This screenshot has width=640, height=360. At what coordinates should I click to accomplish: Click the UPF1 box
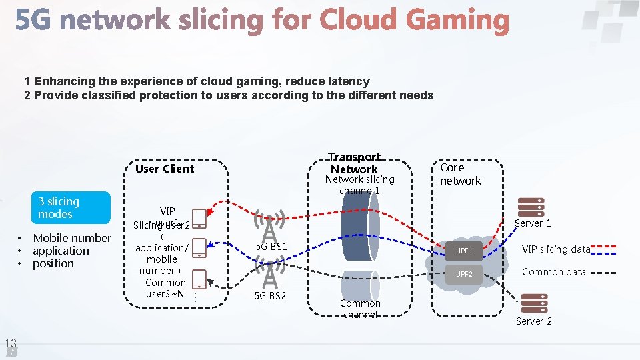(x=465, y=251)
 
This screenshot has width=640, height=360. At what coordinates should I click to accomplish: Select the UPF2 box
(x=465, y=274)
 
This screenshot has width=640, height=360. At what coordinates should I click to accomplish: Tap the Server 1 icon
(x=531, y=208)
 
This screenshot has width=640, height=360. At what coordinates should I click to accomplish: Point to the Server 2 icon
(x=535, y=303)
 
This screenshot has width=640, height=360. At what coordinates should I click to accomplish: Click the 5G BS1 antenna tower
(x=269, y=226)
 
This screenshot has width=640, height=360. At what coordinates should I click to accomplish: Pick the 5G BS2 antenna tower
(x=269, y=273)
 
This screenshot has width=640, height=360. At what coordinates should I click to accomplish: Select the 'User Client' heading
(x=164, y=169)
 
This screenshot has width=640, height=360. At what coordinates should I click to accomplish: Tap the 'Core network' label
(x=460, y=174)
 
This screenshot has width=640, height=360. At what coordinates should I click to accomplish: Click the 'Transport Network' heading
(x=355, y=163)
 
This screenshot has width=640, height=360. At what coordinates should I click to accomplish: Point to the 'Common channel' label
(x=360, y=309)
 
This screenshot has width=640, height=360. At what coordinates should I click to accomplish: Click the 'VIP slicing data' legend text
(x=555, y=249)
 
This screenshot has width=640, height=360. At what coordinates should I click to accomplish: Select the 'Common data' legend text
(x=553, y=272)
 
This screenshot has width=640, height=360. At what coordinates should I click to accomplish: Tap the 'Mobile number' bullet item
(x=72, y=238)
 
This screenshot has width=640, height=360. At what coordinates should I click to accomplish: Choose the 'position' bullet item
(x=53, y=263)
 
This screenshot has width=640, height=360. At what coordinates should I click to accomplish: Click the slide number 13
(x=10, y=344)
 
